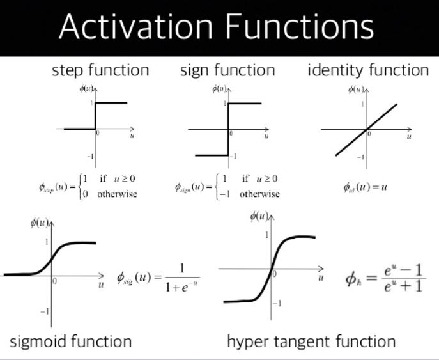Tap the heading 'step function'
pyautogui.click(x=100, y=70)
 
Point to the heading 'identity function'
pyautogui.click(x=368, y=70)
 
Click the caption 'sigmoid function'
pyautogui.click(x=71, y=341)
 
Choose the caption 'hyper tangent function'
pyautogui.click(x=311, y=341)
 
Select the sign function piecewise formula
pyautogui.click(x=227, y=187)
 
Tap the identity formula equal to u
pyautogui.click(x=366, y=187)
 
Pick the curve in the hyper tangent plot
pyautogui.click(x=272, y=269)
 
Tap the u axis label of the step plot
pyautogui.click(x=132, y=136)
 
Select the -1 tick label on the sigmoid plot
pyautogui.click(x=44, y=311)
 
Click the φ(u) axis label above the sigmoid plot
pyautogui.click(x=40, y=223)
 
